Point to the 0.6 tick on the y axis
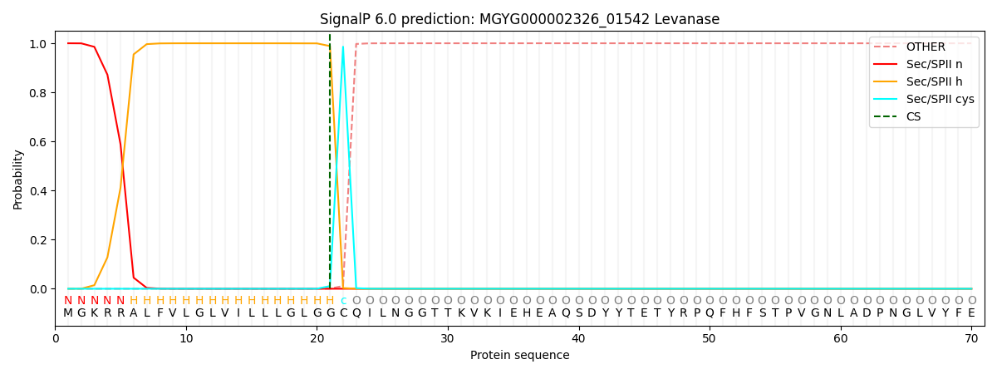[x=40, y=142]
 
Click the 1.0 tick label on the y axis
[x=40, y=44]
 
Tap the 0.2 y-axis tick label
[x=40, y=240]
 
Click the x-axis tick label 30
[x=448, y=338]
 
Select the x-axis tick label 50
[x=709, y=338]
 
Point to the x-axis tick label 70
[x=970, y=338]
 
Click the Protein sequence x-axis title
[x=519, y=355]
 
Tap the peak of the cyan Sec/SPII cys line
[x=342, y=47]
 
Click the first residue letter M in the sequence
[x=68, y=312]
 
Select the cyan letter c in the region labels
[x=343, y=301]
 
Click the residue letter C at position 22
[x=343, y=312]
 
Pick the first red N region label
[x=68, y=301]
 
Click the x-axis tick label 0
[x=56, y=338]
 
